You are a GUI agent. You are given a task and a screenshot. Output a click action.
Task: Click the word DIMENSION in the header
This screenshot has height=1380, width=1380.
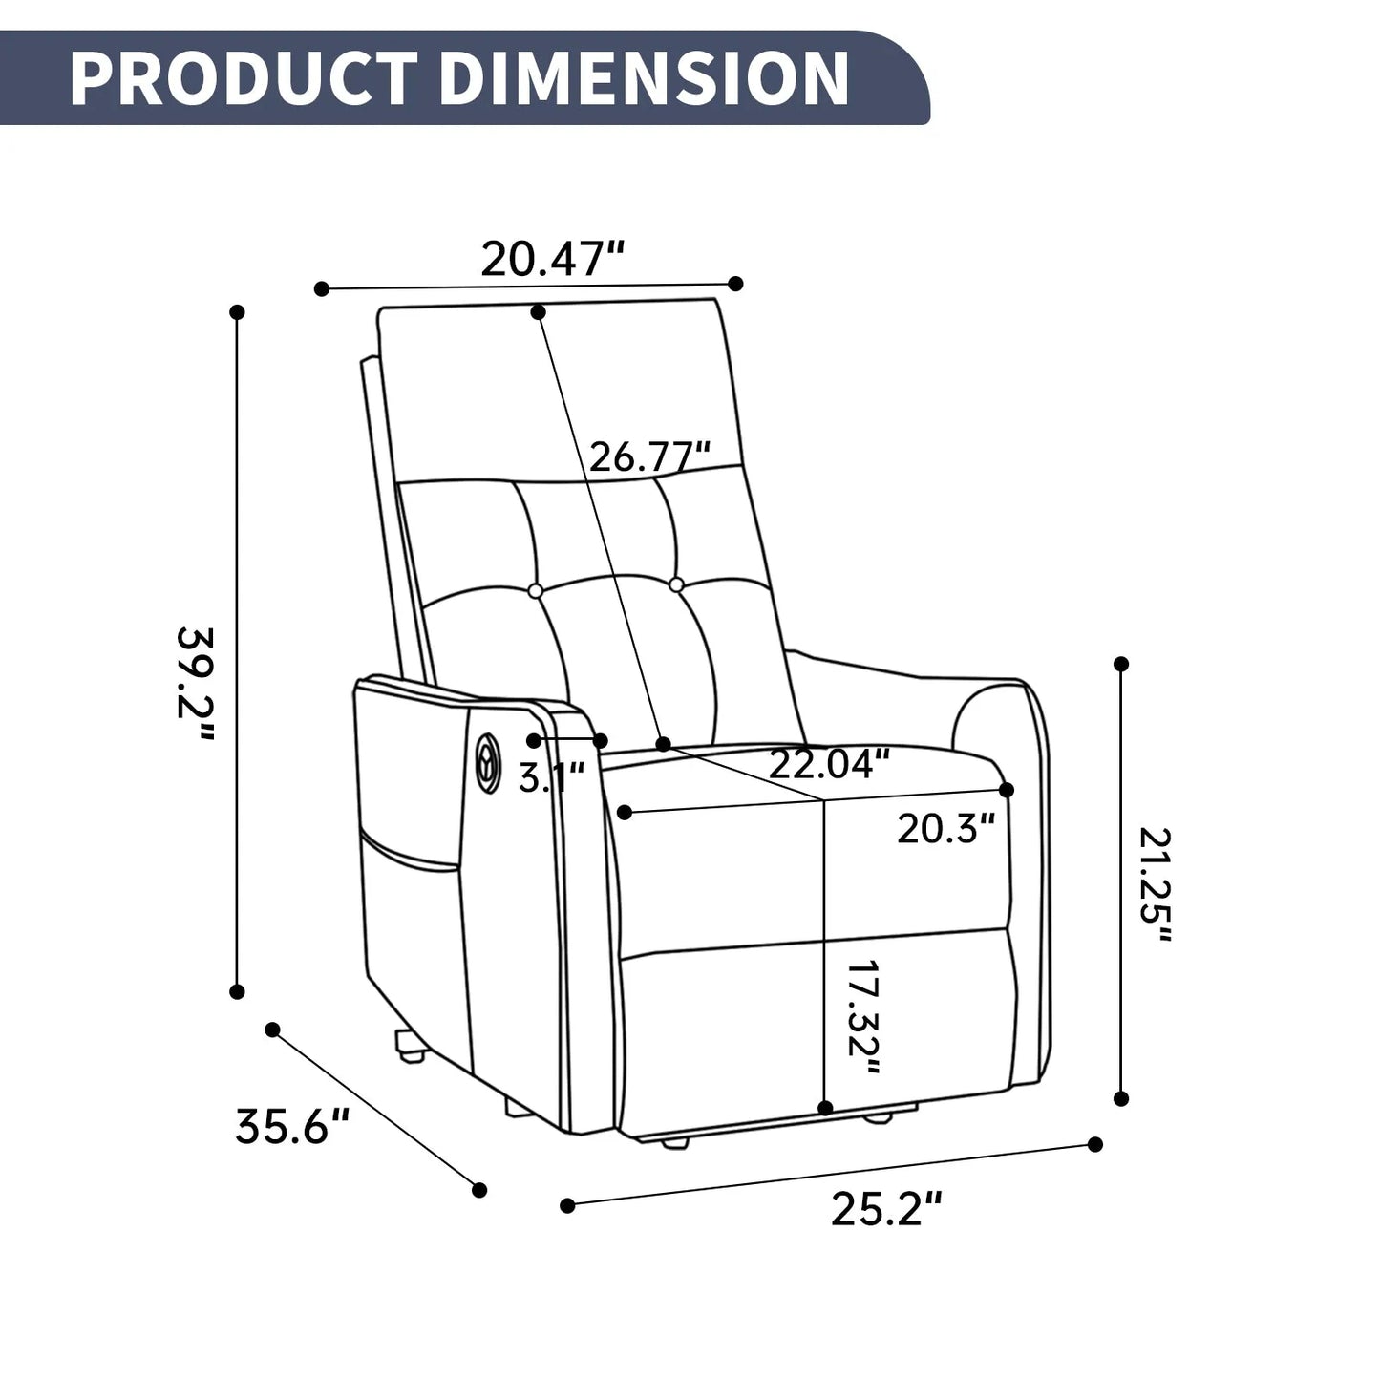click(x=644, y=77)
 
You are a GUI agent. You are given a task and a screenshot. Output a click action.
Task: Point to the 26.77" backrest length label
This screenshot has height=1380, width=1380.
click(x=649, y=457)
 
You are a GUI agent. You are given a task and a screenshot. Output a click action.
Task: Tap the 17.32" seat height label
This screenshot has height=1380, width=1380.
click(x=862, y=1017)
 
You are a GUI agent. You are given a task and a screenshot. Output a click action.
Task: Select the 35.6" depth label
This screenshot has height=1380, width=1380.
click(x=293, y=1127)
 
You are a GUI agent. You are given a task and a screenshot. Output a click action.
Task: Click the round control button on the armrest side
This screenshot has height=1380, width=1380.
click(x=489, y=762)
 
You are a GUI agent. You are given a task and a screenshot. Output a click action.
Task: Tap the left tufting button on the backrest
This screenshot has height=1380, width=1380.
click(x=536, y=591)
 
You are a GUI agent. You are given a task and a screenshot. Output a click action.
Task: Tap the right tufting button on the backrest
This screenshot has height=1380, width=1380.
click(x=677, y=584)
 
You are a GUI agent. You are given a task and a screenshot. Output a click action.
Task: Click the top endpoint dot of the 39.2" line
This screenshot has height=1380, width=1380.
click(x=238, y=312)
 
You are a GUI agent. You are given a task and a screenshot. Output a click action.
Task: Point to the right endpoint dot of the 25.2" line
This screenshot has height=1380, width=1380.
click(x=1095, y=1144)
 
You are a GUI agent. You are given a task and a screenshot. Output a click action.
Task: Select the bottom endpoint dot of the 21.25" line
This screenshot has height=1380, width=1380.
click(x=1122, y=1099)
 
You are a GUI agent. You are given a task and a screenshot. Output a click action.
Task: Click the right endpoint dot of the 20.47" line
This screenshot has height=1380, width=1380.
click(x=735, y=283)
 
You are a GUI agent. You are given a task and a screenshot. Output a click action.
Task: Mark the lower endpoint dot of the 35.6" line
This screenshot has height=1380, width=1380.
click(x=479, y=1190)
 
